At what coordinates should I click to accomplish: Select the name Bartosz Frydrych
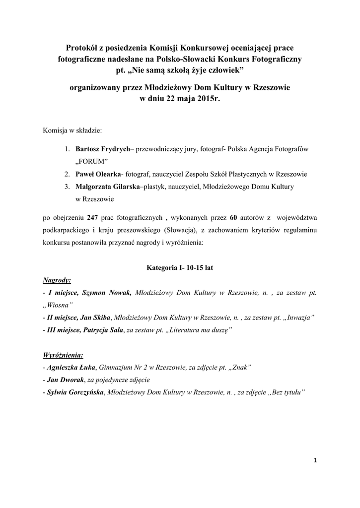pyautogui.click(x=102, y=148)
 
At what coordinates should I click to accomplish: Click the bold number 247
pyautogui.click(x=93, y=217)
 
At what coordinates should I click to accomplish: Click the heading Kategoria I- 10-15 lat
pyautogui.click(x=179, y=267)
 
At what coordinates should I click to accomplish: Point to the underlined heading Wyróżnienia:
pyautogui.click(x=63, y=355)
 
